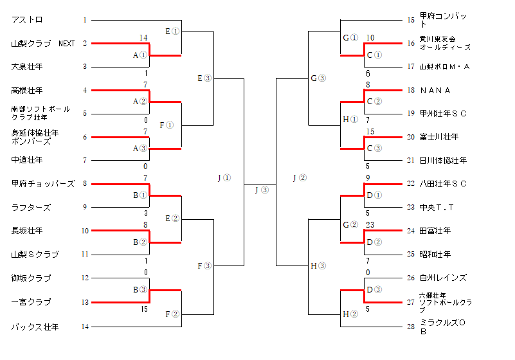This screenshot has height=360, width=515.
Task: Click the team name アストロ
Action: tap(27, 21)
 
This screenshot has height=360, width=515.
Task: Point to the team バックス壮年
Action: tap(35, 327)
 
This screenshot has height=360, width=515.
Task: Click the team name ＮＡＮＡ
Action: tap(435, 91)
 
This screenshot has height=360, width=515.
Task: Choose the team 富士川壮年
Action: tap(439, 137)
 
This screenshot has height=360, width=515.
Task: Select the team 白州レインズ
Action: tap(443, 278)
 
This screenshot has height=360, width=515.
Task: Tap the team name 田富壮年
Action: tap(435, 230)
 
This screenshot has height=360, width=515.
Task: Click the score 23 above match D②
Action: tap(370, 224)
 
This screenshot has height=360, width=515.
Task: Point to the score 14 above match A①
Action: tap(144, 37)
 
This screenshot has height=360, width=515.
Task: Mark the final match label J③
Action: tap(261, 190)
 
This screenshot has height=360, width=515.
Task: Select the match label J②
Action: tap(300, 177)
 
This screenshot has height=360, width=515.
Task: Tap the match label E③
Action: tap(204, 78)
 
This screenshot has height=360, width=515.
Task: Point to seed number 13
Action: tap(85, 302)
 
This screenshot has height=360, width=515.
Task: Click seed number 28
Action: tap(410, 327)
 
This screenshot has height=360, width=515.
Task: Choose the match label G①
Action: tap(350, 37)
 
